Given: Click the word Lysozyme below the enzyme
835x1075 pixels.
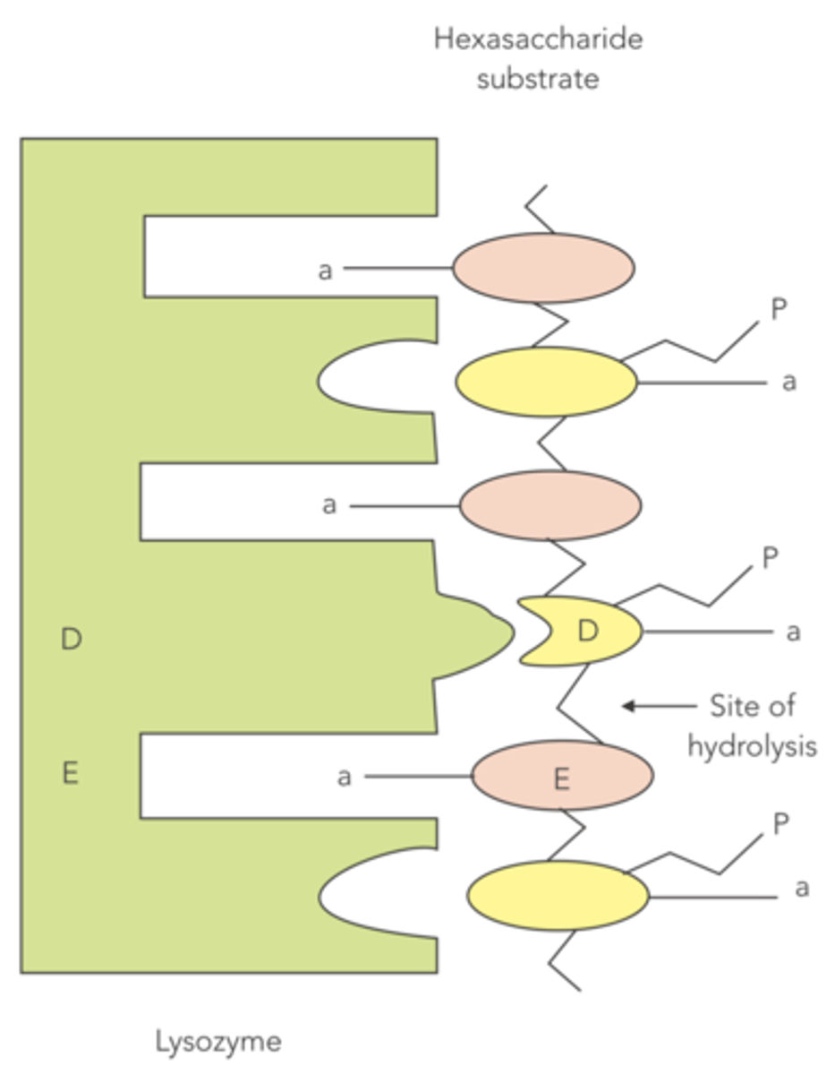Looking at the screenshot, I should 218,1042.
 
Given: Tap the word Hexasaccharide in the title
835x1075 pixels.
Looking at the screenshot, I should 538,39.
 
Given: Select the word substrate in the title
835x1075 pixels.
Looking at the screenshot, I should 538,78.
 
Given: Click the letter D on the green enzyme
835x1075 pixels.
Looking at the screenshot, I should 72,640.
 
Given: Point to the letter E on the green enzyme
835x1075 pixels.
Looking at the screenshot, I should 71,773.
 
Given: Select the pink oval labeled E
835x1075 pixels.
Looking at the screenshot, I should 562,776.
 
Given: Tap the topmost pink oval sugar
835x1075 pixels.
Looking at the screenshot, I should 543,267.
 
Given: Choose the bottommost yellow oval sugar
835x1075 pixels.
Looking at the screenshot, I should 558,895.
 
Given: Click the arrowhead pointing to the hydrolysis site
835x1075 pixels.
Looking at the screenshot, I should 629,706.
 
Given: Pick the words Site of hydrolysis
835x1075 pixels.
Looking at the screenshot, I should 752,726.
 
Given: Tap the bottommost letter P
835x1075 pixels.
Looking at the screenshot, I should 780,823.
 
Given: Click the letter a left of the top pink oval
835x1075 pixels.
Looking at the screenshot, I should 326,269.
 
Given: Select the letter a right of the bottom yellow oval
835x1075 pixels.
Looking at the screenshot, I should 802,889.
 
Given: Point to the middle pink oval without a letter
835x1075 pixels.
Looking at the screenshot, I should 550,505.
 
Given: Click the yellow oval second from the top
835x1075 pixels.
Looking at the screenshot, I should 547,382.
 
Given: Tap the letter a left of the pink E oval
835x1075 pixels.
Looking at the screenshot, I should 345,778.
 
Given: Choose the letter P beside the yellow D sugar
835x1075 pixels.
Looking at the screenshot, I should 771,558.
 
